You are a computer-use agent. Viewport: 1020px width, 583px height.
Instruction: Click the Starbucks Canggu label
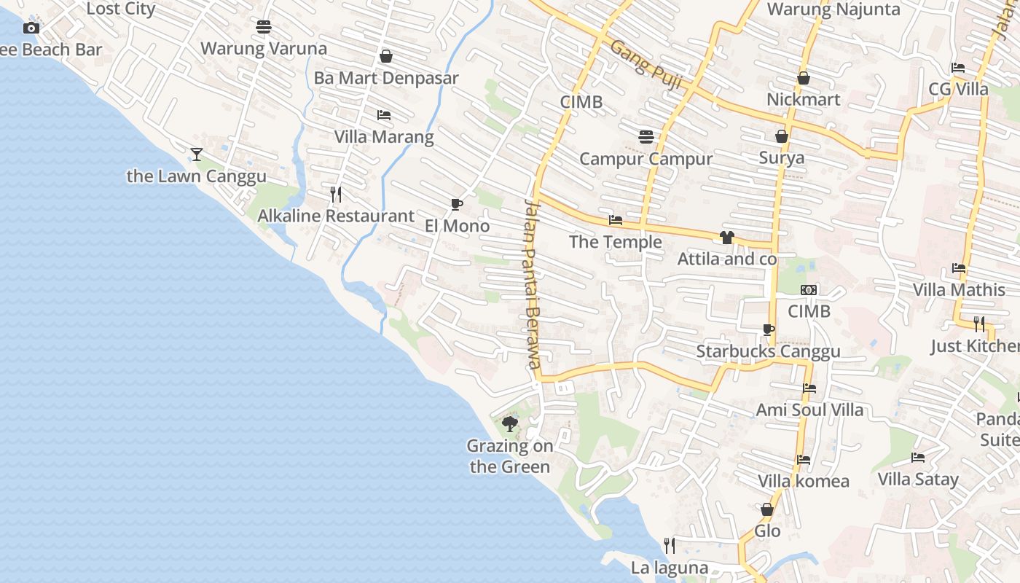(768, 351)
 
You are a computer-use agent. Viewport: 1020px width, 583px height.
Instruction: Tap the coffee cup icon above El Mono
(457, 204)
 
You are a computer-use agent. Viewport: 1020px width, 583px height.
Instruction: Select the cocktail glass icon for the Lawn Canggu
(196, 154)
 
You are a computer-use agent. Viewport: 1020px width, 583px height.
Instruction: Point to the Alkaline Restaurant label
(336, 216)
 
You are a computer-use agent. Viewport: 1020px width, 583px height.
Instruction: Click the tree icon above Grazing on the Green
(510, 423)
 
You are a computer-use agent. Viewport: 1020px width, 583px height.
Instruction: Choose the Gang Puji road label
(646, 65)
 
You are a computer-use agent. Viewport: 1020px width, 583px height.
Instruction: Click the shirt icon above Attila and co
(726, 238)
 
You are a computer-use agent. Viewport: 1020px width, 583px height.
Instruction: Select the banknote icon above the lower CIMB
(809, 290)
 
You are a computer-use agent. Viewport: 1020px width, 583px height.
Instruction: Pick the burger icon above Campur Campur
(646, 137)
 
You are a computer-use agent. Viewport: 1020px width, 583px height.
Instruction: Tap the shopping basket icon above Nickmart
(804, 78)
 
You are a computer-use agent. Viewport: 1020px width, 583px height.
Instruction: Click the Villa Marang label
(384, 137)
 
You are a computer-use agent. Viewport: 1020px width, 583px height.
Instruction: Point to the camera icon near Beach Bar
(31, 28)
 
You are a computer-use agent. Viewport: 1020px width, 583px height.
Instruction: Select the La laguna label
(670, 568)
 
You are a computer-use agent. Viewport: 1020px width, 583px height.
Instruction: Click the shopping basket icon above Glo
(767, 509)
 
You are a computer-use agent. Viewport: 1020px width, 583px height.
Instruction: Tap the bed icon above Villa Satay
(918, 458)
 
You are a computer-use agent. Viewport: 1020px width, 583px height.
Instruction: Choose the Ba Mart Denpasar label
(386, 78)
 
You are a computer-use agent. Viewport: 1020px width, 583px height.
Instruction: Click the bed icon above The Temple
(616, 220)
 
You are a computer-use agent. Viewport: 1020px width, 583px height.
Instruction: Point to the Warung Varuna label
(264, 49)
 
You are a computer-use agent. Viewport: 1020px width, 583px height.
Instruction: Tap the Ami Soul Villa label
(809, 410)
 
